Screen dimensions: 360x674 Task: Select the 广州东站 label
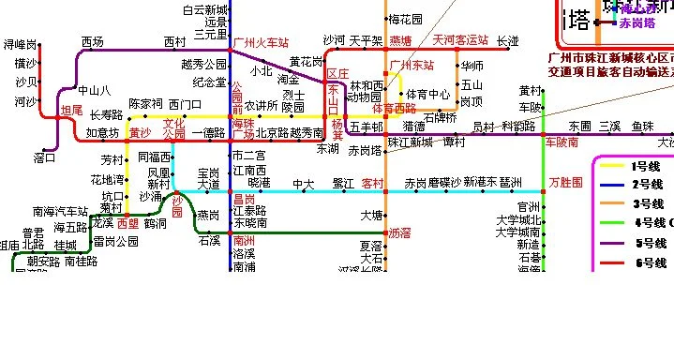point(412,66)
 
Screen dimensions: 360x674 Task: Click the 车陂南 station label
point(562,142)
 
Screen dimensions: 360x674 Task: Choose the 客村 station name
point(373,183)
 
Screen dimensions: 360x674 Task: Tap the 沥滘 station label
point(400,232)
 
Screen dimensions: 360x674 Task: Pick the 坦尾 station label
point(71,111)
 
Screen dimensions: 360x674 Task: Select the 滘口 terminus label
point(45,157)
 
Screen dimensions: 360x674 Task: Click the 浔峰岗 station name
point(21,45)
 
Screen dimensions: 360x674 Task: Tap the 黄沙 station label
point(140,133)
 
